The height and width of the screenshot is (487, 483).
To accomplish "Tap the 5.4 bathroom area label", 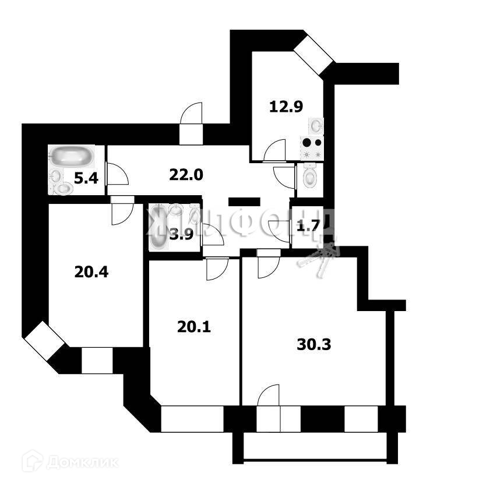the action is (x=86, y=179).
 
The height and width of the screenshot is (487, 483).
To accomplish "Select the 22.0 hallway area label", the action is (x=185, y=174).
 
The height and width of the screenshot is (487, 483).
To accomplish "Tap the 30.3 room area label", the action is (x=313, y=344).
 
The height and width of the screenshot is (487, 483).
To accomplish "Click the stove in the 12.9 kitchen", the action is (x=312, y=148).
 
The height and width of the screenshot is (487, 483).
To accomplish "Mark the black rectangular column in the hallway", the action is (x=244, y=202).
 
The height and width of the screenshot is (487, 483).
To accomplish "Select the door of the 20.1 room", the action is (x=217, y=269).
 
